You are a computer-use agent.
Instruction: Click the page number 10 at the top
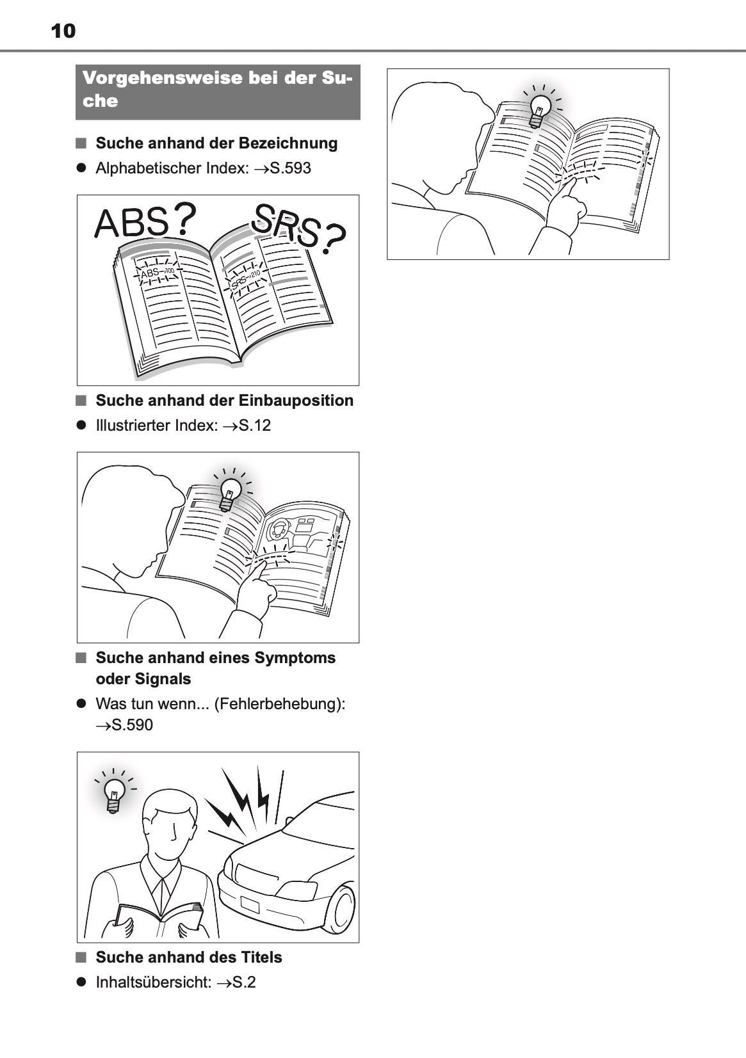63,31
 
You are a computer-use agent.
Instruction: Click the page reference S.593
290,168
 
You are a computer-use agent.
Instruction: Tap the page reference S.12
255,426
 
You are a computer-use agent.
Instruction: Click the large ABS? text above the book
145,221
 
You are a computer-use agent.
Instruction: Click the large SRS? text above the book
298,228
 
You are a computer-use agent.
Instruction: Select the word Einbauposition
296,401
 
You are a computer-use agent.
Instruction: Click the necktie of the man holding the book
163,893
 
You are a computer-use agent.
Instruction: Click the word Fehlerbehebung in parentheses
278,704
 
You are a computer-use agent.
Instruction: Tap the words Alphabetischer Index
172,168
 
